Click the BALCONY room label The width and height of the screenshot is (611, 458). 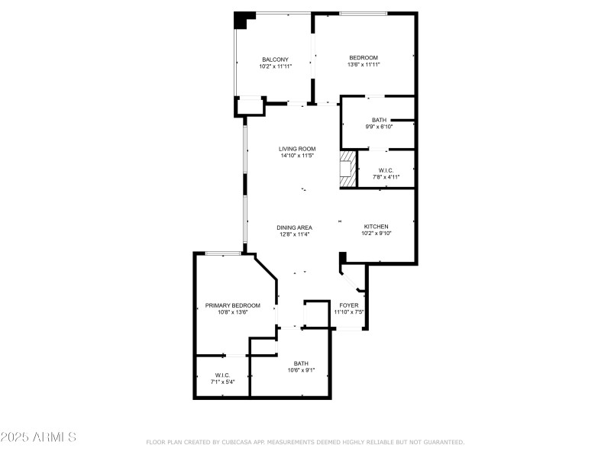click(x=275, y=59)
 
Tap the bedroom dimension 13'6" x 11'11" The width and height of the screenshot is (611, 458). click(x=364, y=66)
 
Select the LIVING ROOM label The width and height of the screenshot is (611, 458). click(x=297, y=149)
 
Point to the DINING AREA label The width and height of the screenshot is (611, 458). click(x=294, y=227)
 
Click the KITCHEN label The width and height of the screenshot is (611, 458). click(x=376, y=227)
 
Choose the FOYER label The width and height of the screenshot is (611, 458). click(x=348, y=305)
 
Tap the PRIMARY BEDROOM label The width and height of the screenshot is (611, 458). click(x=232, y=305)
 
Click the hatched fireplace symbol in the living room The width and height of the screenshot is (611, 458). click(x=348, y=168)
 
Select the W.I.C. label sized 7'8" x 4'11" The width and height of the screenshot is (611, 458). click(x=386, y=170)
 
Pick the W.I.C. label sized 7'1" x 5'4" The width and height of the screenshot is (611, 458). click(x=222, y=375)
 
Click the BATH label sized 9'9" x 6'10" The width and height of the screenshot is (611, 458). click(x=379, y=120)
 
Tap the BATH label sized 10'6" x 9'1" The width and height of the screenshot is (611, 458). click(x=301, y=363)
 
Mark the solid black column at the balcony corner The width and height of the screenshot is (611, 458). click(x=242, y=21)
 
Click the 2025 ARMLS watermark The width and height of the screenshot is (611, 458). click(x=38, y=437)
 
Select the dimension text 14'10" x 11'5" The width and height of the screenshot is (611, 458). click(x=297, y=156)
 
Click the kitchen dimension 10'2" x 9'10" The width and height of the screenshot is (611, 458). click(x=376, y=234)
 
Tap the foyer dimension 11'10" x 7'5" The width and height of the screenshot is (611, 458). click(x=348, y=311)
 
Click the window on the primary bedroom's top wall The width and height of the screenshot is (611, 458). click(x=224, y=253)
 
